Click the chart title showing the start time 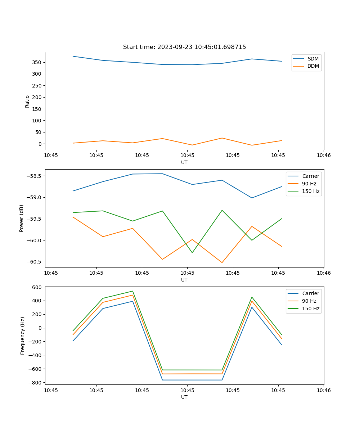(x=184, y=47)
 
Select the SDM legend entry (x=313, y=59)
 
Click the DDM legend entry (x=313, y=66)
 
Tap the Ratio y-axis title (x=27, y=101)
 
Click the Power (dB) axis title (x=22, y=218)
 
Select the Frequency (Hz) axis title (x=22, y=336)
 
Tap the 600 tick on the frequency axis (x=37, y=287)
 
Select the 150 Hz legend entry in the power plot (x=311, y=191)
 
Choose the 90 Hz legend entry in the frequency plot (x=309, y=301)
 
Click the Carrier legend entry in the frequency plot (x=310, y=293)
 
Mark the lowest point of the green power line (x=192, y=253)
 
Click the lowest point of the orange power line (x=222, y=262)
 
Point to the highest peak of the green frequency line (x=132, y=291)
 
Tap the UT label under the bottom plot (x=184, y=397)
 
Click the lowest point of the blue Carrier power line (x=252, y=198)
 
